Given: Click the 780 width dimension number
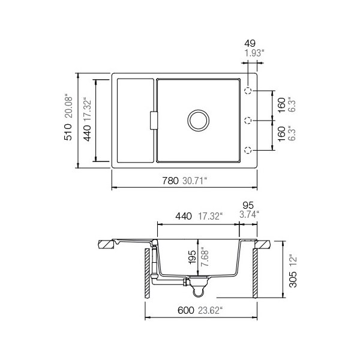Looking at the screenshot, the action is coord(170,181).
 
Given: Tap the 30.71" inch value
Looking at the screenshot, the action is coord(194,181).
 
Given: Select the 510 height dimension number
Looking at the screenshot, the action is coord(68,132).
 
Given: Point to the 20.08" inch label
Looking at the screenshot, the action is coord(68,106).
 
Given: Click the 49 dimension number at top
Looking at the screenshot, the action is coord(250,43).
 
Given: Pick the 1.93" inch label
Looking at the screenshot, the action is coord(254,53).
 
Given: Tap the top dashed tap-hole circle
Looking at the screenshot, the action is coord(248,91).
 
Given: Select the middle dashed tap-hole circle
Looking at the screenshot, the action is coord(248,121).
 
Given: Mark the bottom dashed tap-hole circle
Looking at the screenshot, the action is coord(248,150).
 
